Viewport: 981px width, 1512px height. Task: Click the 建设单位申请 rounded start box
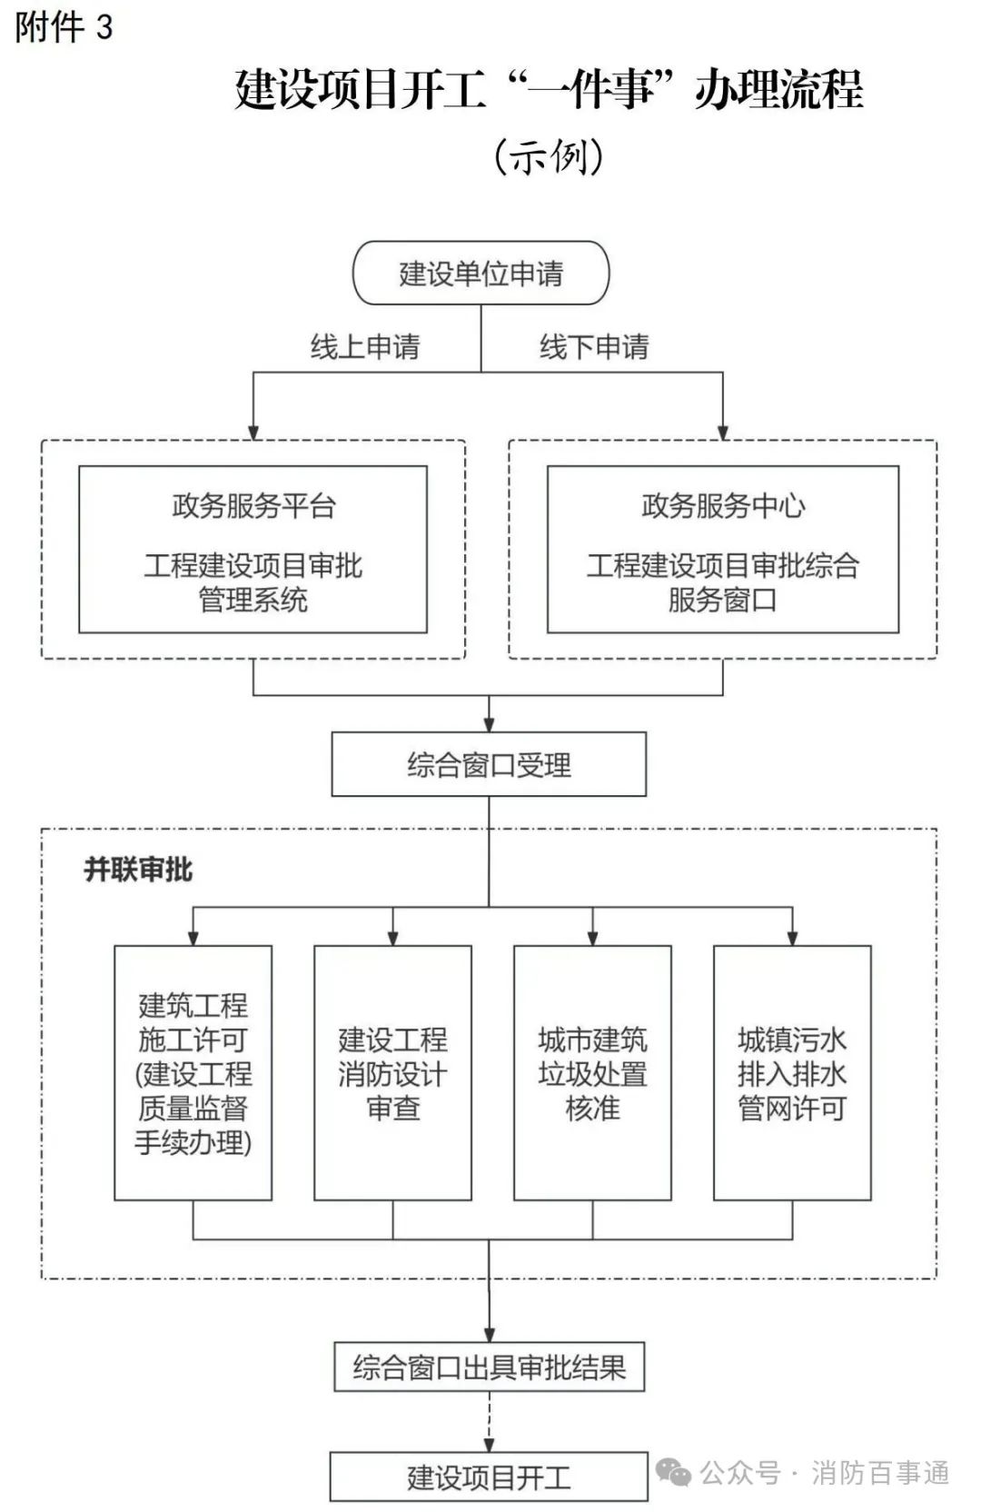(x=481, y=273)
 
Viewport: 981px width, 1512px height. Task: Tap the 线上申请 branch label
(x=365, y=347)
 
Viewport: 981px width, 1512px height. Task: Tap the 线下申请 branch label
(x=594, y=347)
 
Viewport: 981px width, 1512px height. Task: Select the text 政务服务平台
(x=253, y=505)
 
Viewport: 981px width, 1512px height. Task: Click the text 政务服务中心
(x=723, y=505)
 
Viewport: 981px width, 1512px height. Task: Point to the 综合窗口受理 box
(x=490, y=764)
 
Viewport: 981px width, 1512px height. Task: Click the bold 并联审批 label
(x=138, y=870)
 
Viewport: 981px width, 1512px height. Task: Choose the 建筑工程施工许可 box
(x=193, y=1073)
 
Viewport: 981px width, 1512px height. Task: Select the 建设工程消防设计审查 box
(x=392, y=1073)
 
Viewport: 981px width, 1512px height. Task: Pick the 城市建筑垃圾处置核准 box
(x=592, y=1073)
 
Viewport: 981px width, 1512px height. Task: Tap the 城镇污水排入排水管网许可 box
(x=792, y=1073)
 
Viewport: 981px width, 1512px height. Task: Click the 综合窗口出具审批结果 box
(x=490, y=1367)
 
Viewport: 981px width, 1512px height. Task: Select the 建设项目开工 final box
(x=490, y=1477)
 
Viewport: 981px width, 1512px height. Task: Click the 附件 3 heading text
(x=64, y=27)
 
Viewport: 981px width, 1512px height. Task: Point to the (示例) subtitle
(x=549, y=157)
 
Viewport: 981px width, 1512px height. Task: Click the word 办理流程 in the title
(x=779, y=88)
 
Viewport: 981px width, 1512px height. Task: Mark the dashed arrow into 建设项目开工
(x=490, y=1422)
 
